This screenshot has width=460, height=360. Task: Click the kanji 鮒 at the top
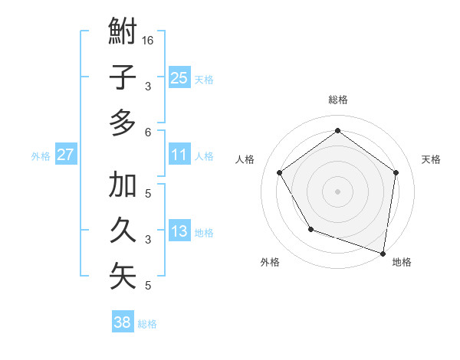[x=123, y=32]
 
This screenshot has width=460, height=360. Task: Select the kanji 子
[x=123, y=77]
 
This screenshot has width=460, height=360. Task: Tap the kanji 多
[x=123, y=123]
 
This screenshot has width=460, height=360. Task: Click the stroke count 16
[x=149, y=40]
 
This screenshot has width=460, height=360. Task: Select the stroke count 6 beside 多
[x=147, y=133]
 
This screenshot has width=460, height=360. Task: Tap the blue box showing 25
[x=179, y=77]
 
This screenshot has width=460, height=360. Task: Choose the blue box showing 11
[x=179, y=155]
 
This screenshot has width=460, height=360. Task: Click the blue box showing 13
[x=179, y=231]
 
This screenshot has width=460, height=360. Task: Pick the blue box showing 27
[x=65, y=155]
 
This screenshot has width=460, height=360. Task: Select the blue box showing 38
[x=122, y=322]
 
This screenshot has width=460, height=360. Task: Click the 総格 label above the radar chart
[x=337, y=100]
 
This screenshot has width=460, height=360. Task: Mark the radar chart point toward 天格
[x=396, y=172]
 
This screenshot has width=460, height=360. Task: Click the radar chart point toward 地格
[x=383, y=252]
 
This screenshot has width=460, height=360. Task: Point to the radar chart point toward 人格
[x=279, y=172]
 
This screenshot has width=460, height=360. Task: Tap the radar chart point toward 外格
[x=310, y=229]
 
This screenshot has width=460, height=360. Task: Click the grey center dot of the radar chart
[x=337, y=191]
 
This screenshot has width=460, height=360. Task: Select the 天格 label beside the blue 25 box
[x=203, y=79]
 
